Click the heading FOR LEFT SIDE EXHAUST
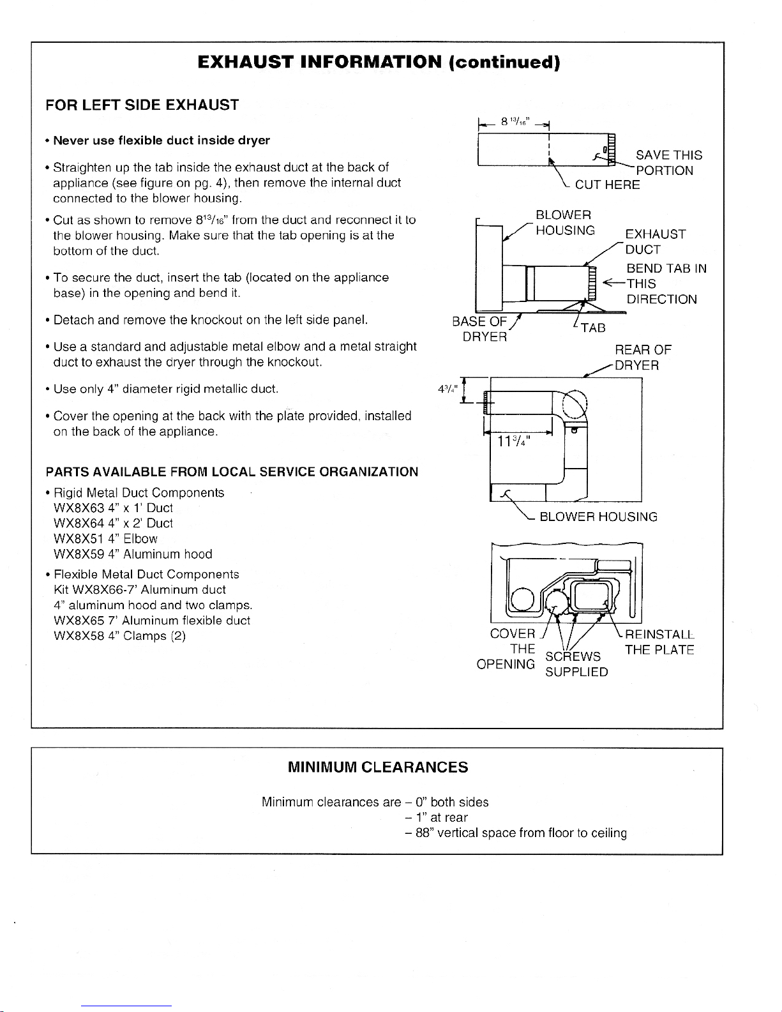tap(142, 105)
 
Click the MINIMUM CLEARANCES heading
tap(378, 767)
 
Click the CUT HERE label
tap(607, 185)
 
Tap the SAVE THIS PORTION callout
tap(668, 163)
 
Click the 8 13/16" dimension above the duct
tap(513, 122)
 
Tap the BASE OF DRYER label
tap(480, 329)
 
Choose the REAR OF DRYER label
tap(642, 358)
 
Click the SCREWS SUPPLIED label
tap(576, 664)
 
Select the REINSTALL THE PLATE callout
tap(659, 642)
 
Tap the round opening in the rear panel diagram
tap(522, 599)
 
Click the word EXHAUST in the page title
tap(245, 62)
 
